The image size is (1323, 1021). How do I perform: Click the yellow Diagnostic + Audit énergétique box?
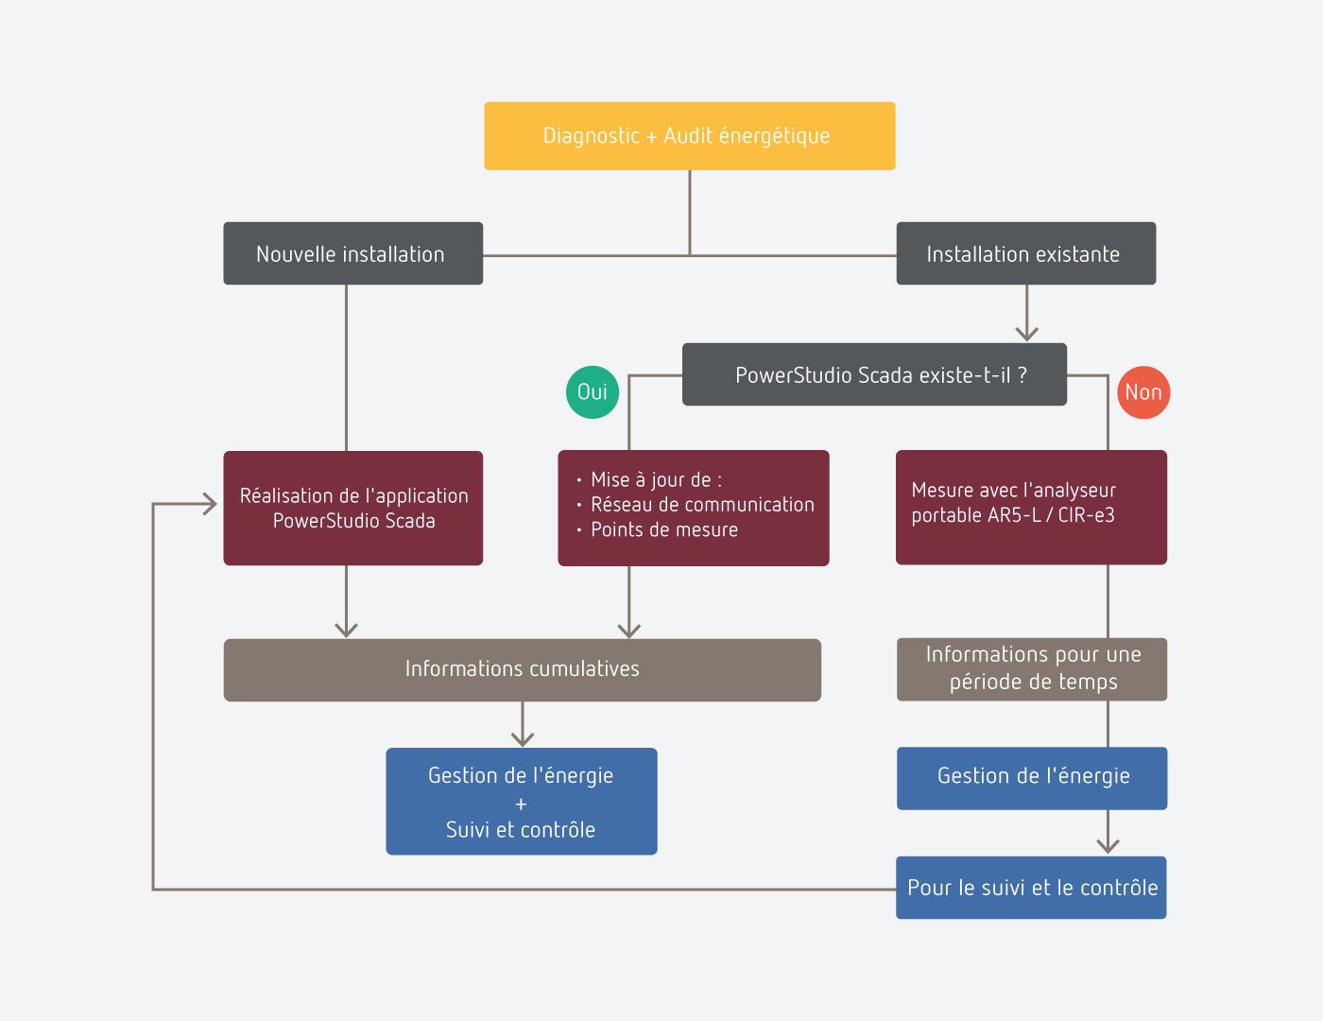689,136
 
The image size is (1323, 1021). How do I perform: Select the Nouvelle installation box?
352,253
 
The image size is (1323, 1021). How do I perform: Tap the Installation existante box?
1025,253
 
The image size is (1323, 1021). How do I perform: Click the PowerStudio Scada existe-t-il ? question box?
874,374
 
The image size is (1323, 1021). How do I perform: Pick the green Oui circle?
593,391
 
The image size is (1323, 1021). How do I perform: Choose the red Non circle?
1143,392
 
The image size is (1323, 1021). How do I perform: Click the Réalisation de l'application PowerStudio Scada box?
352,508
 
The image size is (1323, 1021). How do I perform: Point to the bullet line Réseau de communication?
701,505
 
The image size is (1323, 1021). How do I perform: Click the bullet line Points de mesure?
663,530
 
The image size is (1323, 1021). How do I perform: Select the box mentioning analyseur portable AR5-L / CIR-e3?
1031,507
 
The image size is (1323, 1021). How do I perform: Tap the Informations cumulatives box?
522,669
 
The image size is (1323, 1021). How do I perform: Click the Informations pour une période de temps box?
1031,668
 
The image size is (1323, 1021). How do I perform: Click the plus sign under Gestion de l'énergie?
521,804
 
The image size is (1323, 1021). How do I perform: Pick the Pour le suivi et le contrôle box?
1031,887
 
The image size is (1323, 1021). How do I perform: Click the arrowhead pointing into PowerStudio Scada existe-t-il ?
1027,333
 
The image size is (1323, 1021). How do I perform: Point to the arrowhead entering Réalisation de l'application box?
209,504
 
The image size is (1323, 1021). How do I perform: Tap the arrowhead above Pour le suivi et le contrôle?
1108,845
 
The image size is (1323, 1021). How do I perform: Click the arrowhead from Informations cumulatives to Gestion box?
523,738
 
